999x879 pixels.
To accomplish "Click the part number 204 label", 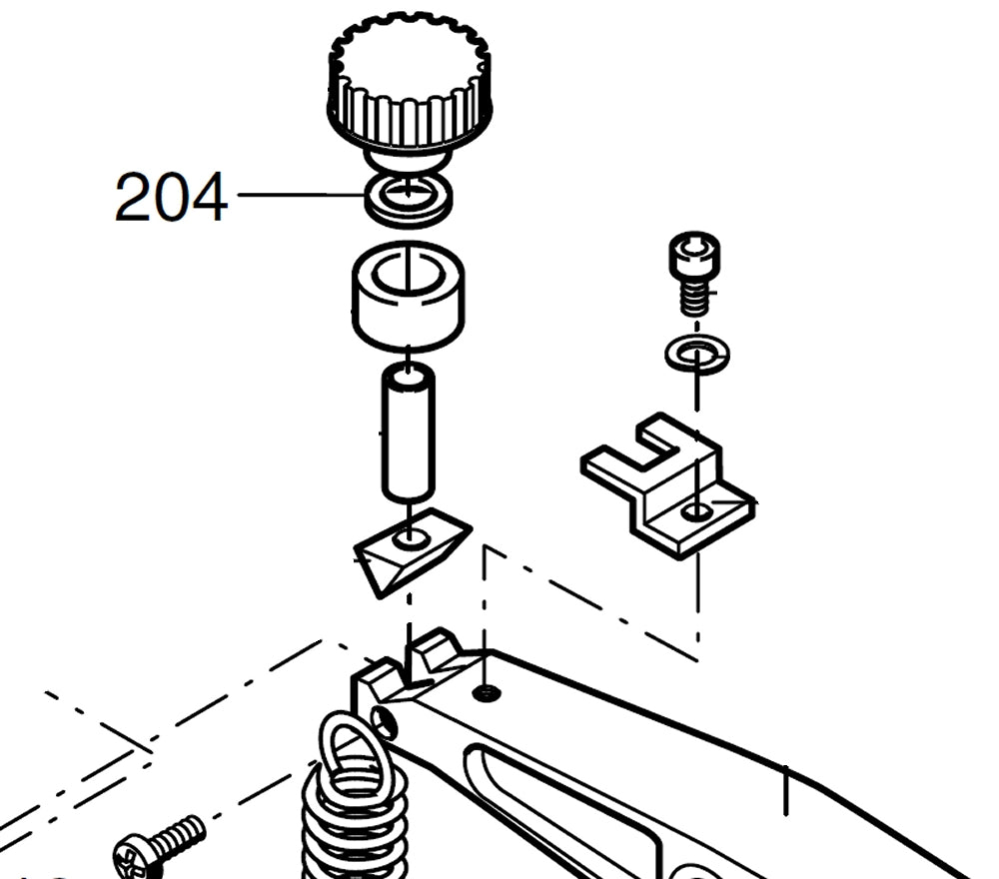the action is [x=171, y=197].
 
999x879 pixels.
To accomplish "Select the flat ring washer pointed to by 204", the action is [x=409, y=199].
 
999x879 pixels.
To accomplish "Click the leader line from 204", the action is [x=301, y=194].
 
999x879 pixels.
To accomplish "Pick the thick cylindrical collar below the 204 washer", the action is [x=408, y=297].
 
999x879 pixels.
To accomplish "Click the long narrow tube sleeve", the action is [x=409, y=434].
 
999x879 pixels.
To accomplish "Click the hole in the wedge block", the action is [x=410, y=538].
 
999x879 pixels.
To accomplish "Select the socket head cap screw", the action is [x=694, y=274].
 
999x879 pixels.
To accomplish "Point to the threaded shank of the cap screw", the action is [x=694, y=298].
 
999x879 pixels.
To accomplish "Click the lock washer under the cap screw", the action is [x=697, y=354].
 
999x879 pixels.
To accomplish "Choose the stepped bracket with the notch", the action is [x=668, y=485].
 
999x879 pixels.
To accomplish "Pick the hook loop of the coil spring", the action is [x=353, y=755].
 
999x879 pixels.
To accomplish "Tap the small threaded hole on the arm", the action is [x=487, y=693].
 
